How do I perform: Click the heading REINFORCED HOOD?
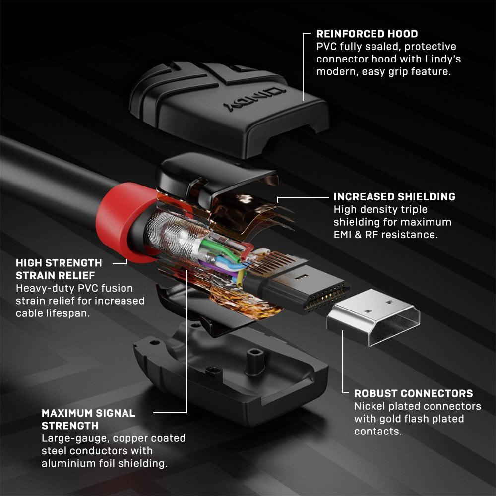pos(367,34)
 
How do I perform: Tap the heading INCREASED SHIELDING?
pos(394,197)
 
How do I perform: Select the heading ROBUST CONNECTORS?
pos(413,393)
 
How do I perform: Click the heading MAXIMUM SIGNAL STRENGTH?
pos(88,419)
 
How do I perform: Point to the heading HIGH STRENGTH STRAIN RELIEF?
pos(59,269)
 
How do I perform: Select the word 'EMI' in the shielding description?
pos(345,234)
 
